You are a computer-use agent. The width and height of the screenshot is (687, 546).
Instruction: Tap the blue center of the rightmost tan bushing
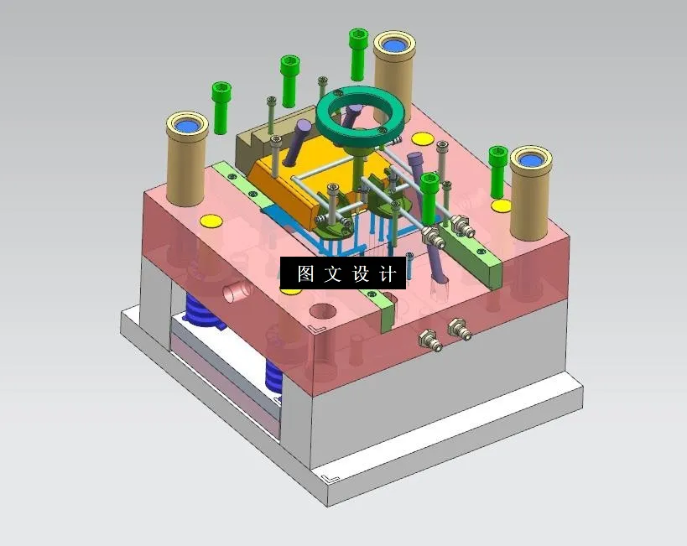click(x=532, y=159)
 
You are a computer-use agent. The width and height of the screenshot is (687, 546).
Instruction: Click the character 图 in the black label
click(x=305, y=274)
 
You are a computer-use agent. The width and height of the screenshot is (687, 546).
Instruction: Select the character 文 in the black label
click(x=333, y=274)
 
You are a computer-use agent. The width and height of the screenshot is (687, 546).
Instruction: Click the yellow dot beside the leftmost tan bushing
click(x=210, y=221)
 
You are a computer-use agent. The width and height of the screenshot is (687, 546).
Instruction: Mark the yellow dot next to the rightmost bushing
click(x=501, y=205)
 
